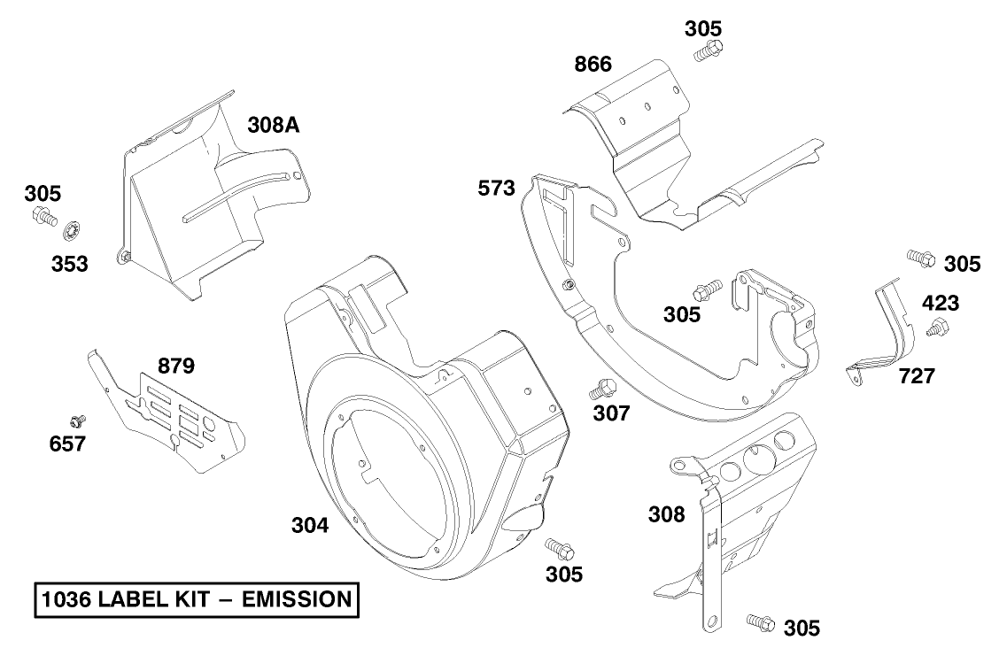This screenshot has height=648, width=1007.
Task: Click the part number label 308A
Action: click(273, 127)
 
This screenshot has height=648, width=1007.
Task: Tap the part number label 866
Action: click(593, 65)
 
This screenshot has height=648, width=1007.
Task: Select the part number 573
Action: click(497, 189)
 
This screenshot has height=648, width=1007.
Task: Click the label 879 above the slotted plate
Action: click(176, 366)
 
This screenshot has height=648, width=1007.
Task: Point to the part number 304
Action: click(310, 526)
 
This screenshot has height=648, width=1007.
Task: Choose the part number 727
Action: click(916, 376)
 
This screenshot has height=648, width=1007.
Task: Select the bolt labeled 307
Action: click(603, 387)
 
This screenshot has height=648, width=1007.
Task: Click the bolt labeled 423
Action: click(935, 330)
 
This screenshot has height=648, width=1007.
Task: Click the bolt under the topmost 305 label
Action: click(707, 50)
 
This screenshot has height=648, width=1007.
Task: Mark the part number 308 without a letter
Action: click(666, 514)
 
